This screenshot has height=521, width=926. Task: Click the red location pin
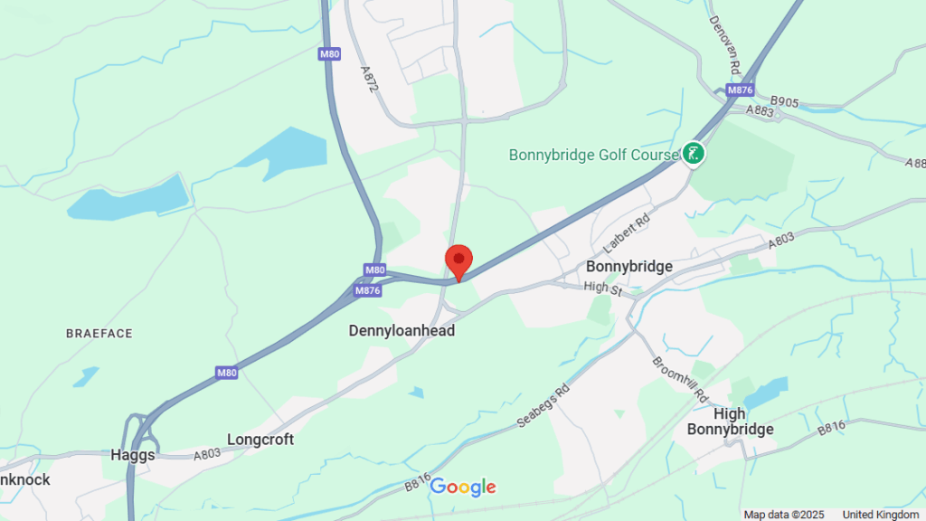[x=458, y=260]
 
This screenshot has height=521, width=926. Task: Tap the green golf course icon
[x=694, y=154]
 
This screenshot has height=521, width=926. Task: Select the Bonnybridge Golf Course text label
[x=593, y=155]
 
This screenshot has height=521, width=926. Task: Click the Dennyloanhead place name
[x=402, y=332]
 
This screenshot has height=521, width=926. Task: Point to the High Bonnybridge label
[x=731, y=422]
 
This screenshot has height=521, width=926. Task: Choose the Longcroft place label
[x=260, y=440]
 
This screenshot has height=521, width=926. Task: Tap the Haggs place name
[x=133, y=455]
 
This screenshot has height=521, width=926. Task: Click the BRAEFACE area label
[x=99, y=334]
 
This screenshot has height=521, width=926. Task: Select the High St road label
[x=604, y=287]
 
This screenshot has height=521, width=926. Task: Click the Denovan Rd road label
[x=725, y=44]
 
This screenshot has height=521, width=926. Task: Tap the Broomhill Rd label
[x=680, y=379]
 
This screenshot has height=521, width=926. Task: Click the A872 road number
[x=367, y=79]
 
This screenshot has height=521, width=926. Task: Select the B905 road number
[x=784, y=102]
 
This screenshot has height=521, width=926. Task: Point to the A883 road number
[x=761, y=110]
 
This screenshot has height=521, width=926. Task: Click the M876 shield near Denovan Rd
[x=741, y=90]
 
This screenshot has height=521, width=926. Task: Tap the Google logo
[x=463, y=488]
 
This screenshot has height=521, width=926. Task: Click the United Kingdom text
[x=880, y=515]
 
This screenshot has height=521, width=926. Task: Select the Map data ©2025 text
[x=784, y=515]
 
